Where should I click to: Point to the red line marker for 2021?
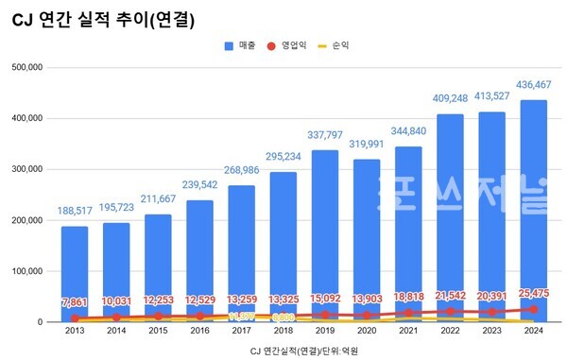point(406,313)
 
